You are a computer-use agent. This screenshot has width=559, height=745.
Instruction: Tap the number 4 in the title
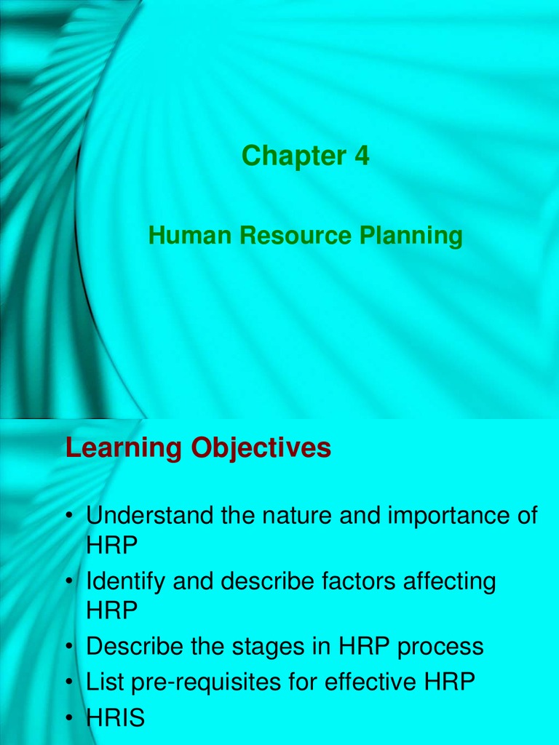pos(362,156)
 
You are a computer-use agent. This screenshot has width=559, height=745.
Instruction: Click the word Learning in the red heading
pos(124,449)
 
